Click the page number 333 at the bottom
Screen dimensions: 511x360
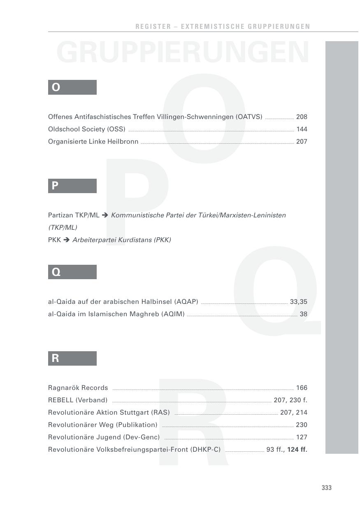(x=326, y=488)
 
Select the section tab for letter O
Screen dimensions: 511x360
(x=72, y=87)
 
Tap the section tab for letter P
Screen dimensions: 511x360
(x=72, y=186)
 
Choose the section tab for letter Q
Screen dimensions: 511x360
(x=72, y=272)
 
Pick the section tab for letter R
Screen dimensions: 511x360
(x=72, y=358)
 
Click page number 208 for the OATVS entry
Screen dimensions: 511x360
(x=302, y=117)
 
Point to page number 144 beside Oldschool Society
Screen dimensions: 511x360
(x=302, y=129)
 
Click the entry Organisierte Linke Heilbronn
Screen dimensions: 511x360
(x=93, y=142)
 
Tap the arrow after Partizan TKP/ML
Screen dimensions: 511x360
(x=105, y=215)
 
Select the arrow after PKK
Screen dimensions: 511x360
(x=67, y=240)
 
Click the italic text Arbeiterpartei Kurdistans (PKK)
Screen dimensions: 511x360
(x=122, y=240)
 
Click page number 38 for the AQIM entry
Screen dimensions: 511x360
(x=304, y=314)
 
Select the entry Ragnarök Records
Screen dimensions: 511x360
(x=78, y=388)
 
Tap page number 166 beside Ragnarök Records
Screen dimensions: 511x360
(x=302, y=388)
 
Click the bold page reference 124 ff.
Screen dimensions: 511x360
(x=297, y=450)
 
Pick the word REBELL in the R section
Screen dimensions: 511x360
(x=60, y=400)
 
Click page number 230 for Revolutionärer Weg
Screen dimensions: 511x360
(x=302, y=425)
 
